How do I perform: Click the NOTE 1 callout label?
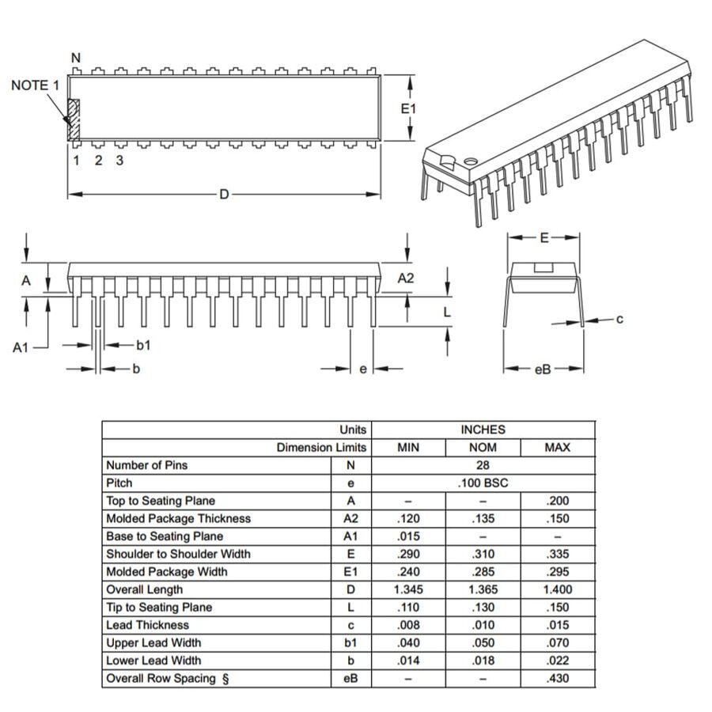[35, 85]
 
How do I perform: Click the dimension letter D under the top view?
[224, 194]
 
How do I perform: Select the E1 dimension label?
[408, 108]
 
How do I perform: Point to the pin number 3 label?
[119, 161]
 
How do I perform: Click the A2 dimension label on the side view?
[406, 278]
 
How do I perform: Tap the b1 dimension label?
[143, 345]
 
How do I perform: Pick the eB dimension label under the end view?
[543, 369]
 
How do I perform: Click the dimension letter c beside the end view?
[619, 319]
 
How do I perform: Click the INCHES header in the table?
[483, 430]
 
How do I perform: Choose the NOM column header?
[483, 448]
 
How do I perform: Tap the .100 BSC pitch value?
[483, 483]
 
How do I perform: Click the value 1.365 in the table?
[483, 589]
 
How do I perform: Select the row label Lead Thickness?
[147, 625]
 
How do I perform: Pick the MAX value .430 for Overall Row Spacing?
[557, 678]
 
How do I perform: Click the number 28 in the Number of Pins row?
[483, 465]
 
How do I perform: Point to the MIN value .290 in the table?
[408, 554]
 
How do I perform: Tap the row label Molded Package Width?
[166, 572]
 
